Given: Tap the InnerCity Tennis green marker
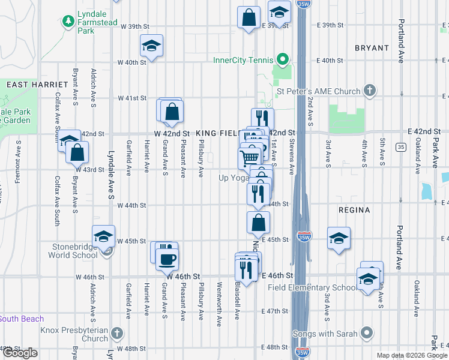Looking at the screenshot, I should (282, 59).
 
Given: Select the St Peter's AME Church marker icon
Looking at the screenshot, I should (370, 91).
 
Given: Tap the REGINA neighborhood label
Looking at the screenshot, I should (354, 210).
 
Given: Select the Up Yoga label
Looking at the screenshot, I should (233, 178).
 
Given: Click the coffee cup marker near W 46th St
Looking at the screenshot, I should (166, 259).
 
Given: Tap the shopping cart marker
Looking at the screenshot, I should (250, 158).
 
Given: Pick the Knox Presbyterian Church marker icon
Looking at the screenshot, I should (117, 331).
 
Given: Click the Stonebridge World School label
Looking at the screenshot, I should (68, 250).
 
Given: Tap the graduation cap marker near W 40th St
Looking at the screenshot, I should (152, 46).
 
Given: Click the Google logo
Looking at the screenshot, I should (20, 353).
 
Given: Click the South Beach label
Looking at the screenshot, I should (22, 319).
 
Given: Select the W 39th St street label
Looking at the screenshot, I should (134, 26).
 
